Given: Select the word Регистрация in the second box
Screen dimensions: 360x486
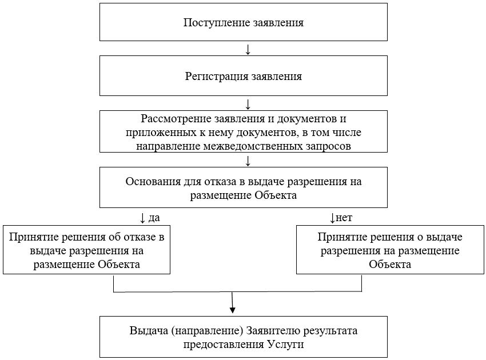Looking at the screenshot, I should [217, 76].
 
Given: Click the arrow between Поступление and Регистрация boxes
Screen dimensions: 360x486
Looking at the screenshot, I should [248, 49].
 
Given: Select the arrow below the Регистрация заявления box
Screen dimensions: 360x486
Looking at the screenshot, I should [248, 104].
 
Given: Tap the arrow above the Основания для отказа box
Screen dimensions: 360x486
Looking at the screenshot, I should [248, 160].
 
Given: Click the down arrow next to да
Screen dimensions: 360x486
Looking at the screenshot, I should [142, 218].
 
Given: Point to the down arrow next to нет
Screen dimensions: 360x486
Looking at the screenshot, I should [332, 218].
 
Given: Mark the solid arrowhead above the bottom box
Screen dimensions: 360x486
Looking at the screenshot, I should [233, 309].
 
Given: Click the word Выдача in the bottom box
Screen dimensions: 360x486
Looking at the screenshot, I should [149, 331].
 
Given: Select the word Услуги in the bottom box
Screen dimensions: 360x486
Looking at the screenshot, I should [285, 345].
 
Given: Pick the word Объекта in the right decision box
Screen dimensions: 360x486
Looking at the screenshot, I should [389, 265].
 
